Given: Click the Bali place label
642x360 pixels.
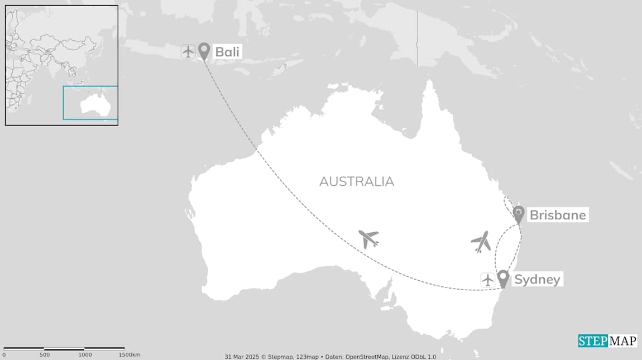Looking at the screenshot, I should tap(228, 52).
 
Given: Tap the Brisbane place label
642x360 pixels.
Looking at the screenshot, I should tap(557, 215).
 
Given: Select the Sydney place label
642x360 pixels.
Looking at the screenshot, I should tap(537, 280).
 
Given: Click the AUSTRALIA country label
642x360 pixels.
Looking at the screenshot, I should tap(357, 181).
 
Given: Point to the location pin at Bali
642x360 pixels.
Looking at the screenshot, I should tap(204, 51).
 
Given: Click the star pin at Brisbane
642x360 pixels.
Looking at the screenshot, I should tap(518, 214).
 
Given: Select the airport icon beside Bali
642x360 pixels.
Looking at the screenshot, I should tap(188, 51).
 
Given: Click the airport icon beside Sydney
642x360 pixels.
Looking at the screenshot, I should tap(488, 280).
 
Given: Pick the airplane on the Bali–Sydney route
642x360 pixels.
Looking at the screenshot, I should tap(368, 238).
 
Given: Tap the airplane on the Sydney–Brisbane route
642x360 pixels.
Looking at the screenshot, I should tap(481, 242).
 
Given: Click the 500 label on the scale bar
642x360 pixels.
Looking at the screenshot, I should tap(44, 355).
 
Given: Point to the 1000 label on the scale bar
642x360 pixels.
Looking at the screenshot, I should tap(84, 355).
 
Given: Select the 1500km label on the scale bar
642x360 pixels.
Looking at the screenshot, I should tap(129, 355).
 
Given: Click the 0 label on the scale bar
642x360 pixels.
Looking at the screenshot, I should tap(4, 355).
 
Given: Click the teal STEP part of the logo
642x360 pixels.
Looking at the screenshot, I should tap(592, 340).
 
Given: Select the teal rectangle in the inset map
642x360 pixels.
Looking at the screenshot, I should tap(90, 103).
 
